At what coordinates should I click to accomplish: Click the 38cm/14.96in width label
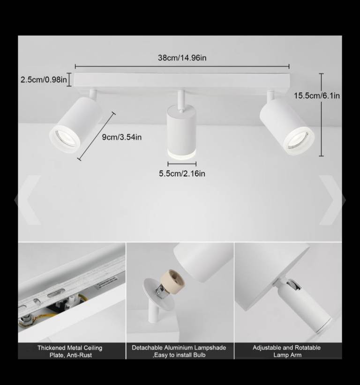click(182, 58)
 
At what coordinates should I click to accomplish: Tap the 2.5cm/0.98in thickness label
click(44, 80)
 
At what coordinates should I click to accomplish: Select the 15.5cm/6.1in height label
click(317, 96)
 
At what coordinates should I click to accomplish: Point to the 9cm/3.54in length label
click(121, 137)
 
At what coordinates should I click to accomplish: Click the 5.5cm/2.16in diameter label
click(182, 174)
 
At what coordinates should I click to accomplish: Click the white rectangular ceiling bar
click(182, 81)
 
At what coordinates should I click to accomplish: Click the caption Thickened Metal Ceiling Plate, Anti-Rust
click(70, 351)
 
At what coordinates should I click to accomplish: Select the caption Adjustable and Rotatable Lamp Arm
click(286, 351)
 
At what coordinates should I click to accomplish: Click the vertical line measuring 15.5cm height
click(322, 115)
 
